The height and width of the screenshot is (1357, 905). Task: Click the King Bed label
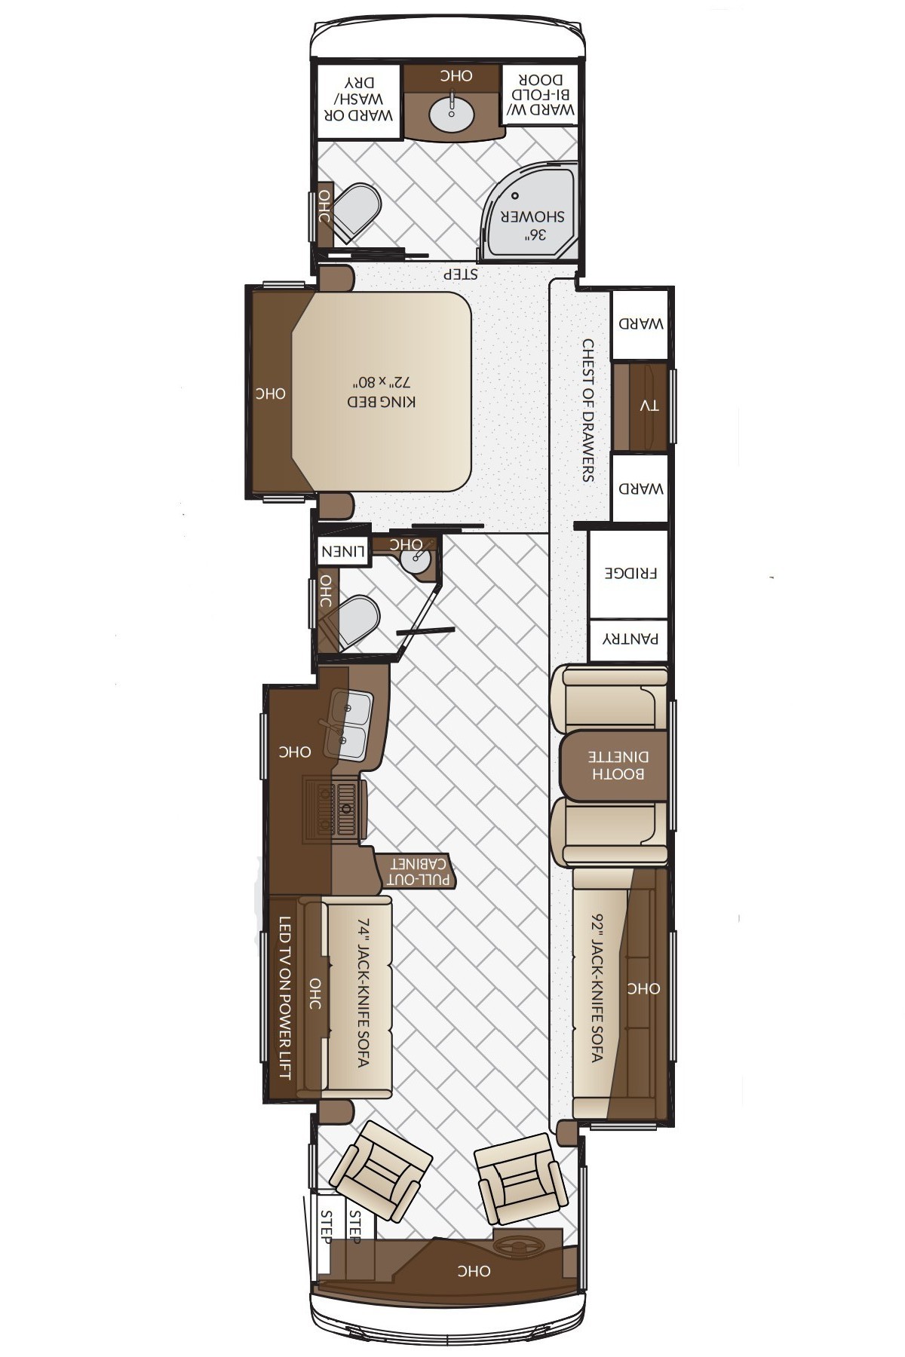click(x=382, y=401)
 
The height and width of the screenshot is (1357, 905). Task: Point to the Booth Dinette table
click(x=613, y=764)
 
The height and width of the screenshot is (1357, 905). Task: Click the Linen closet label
click(x=342, y=552)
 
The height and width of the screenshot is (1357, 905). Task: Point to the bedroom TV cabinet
click(x=640, y=407)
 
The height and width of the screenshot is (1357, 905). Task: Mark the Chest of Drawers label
click(x=588, y=410)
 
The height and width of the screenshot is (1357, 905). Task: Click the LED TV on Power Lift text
click(x=285, y=997)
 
